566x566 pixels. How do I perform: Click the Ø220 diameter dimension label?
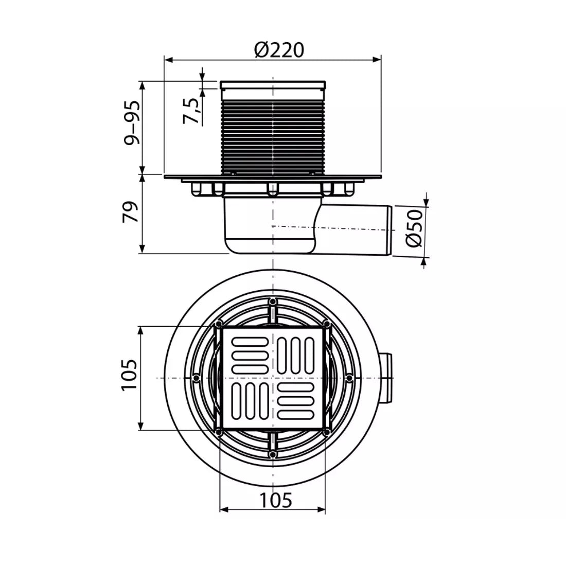(279, 50)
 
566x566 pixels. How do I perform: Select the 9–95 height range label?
(131, 123)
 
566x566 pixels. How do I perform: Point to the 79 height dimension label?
(131, 212)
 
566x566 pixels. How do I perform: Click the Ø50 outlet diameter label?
(414, 228)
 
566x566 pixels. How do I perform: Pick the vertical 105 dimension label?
(129, 375)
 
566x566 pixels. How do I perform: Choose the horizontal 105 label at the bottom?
(276, 500)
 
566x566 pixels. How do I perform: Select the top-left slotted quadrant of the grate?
(250, 355)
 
